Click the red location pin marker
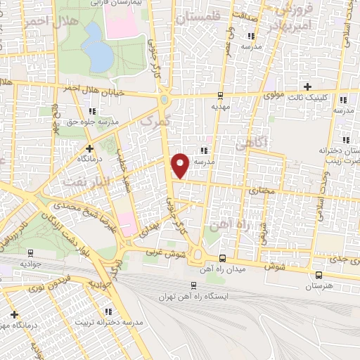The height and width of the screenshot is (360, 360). tap(181, 165)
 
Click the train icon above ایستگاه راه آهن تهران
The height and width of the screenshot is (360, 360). tap(193, 285)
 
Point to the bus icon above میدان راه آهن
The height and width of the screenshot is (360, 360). tap(222, 257)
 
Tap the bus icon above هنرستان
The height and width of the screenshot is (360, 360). tap(320, 275)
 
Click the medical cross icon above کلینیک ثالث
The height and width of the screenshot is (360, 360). tap(307, 86)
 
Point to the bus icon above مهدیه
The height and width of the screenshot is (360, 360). tap(221, 96)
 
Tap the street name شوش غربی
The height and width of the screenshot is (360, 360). tap(167, 252)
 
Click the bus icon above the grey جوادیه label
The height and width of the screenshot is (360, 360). tap(30, 252)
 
